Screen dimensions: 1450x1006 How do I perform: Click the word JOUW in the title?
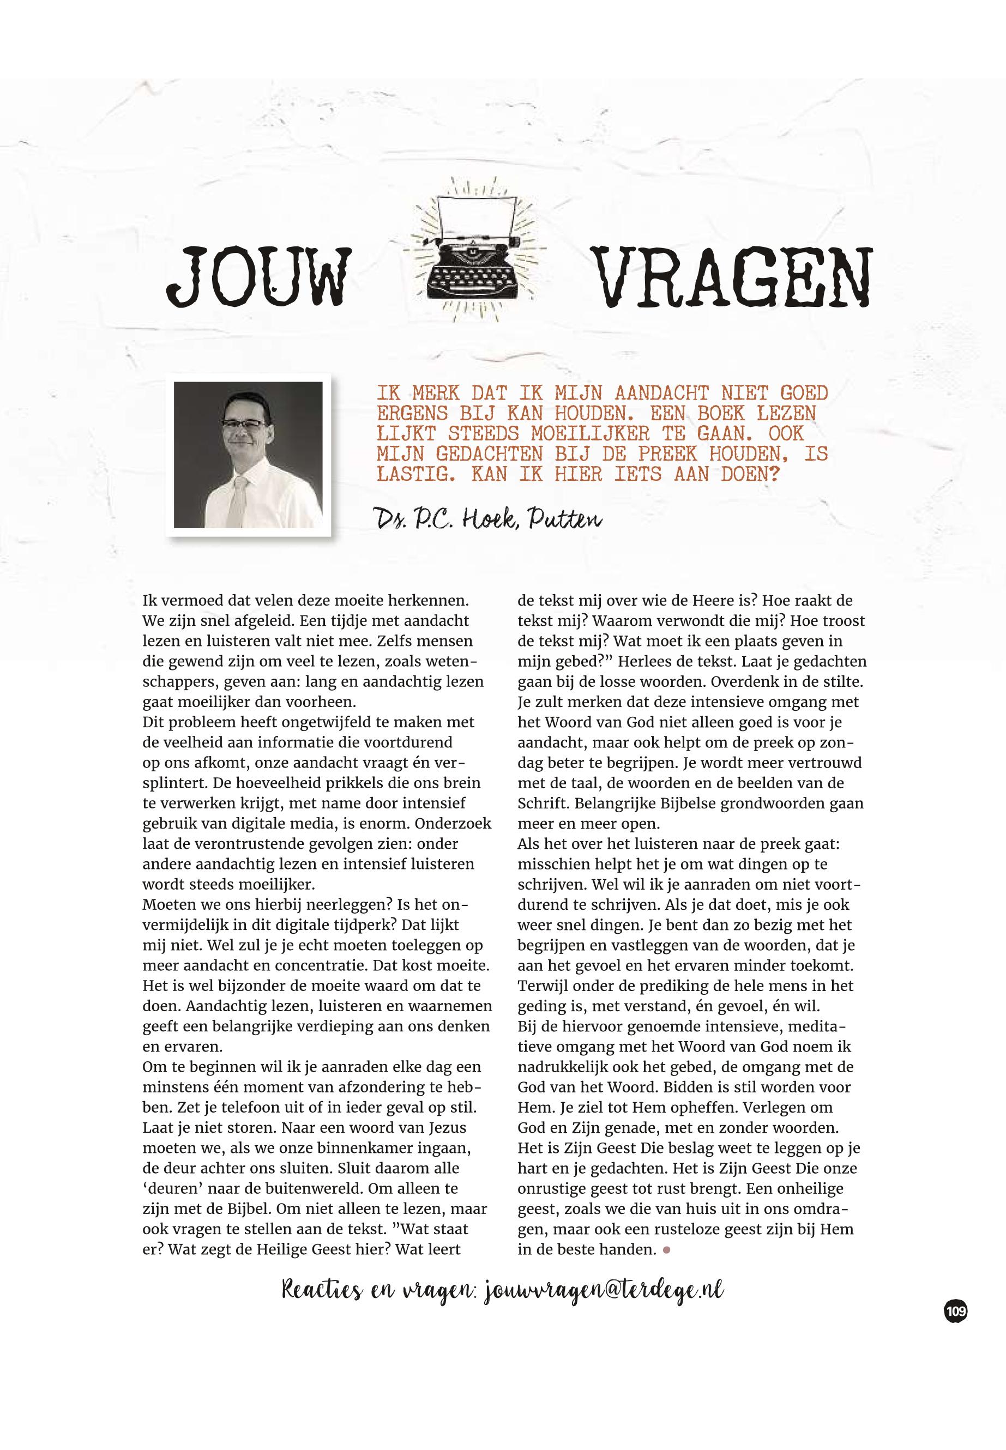[x=258, y=278]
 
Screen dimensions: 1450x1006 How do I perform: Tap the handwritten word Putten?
[x=565, y=520]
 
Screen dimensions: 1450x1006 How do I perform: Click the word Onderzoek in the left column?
[x=453, y=824]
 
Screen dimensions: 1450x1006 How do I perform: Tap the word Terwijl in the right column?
[x=543, y=986]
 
